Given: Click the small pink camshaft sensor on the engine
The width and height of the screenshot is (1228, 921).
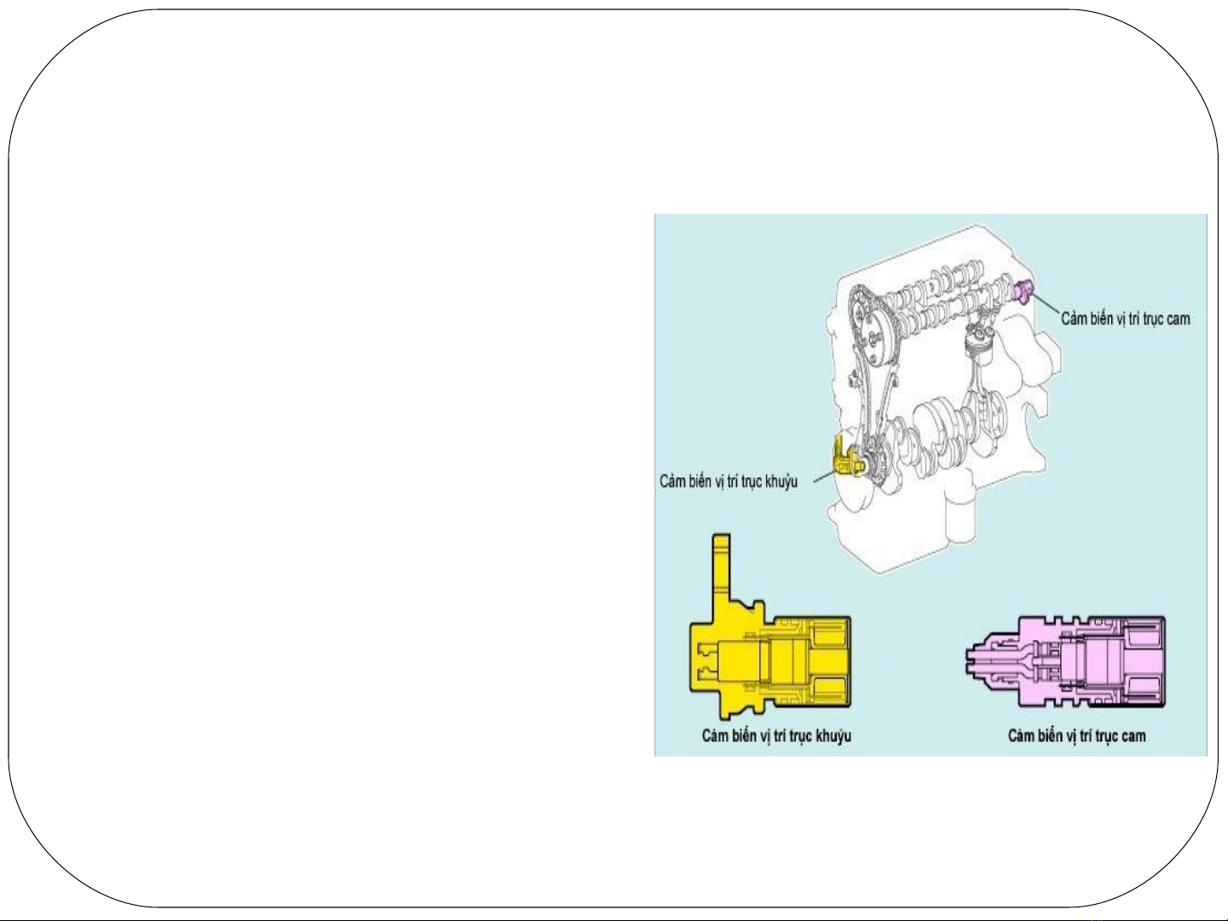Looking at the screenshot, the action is [1023, 291].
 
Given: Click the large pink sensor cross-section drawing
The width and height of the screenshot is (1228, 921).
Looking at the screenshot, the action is [1065, 661].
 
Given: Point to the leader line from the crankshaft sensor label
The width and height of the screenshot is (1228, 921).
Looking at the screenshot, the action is [823, 478].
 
